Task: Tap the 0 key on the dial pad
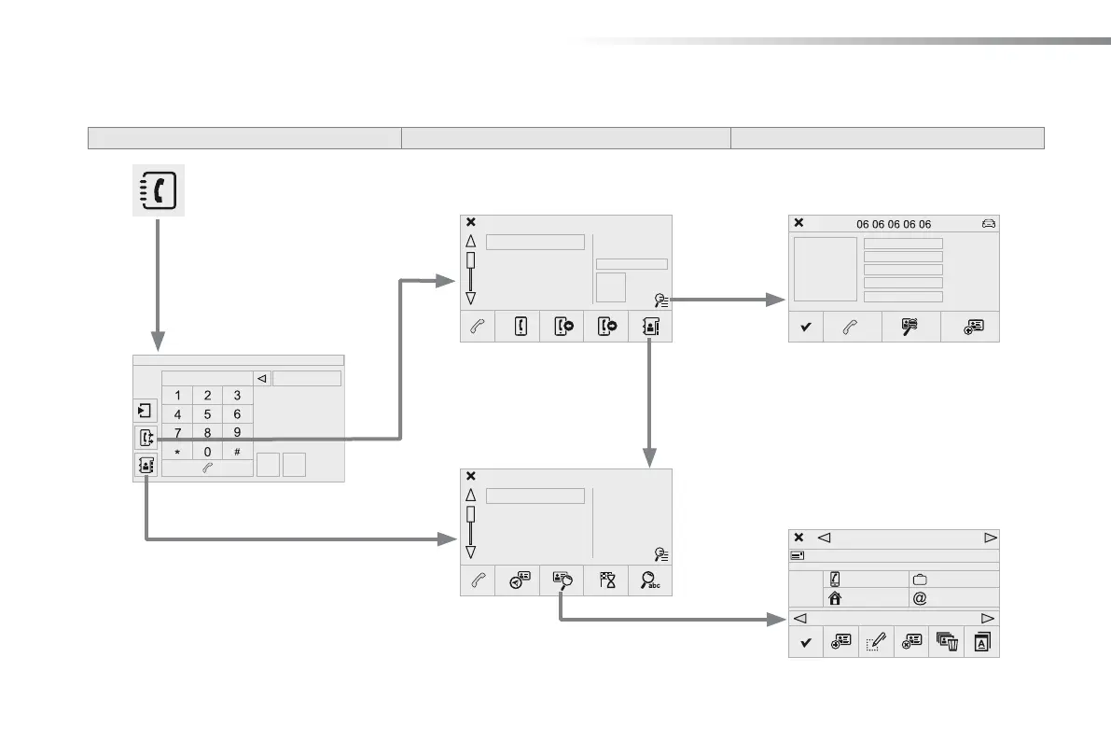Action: coord(207,452)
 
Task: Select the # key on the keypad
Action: coord(238,452)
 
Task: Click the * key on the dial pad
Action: coord(177,452)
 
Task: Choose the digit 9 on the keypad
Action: coord(238,433)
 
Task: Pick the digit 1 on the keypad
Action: coord(177,395)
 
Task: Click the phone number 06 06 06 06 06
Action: coord(894,224)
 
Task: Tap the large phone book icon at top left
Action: coord(157,189)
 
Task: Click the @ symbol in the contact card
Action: coord(920,598)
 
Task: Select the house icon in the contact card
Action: coord(834,598)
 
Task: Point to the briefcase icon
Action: coord(920,580)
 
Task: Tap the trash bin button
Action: coord(946,641)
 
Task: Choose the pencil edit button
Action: coord(876,641)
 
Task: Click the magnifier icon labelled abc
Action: coord(650,580)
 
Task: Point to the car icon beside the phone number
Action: coord(989,224)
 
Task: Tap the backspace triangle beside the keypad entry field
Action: coord(262,379)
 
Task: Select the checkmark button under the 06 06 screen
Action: coord(806,327)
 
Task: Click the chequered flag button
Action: coord(606,580)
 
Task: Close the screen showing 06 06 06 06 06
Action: coord(799,224)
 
